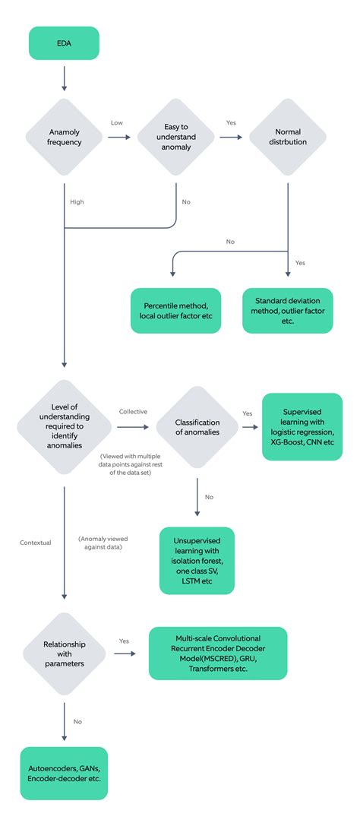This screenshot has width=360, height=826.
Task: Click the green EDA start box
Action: click(64, 43)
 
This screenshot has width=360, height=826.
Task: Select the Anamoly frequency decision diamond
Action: click(64, 138)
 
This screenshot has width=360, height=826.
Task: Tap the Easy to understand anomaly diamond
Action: click(176, 138)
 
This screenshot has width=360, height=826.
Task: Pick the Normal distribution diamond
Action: click(288, 138)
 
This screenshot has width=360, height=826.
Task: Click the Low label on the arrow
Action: click(117, 122)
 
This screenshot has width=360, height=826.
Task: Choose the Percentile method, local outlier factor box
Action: click(175, 310)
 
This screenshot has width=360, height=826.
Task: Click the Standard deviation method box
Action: click(288, 310)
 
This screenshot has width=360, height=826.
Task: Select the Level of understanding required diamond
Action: click(64, 426)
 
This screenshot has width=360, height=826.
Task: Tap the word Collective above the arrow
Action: click(133, 412)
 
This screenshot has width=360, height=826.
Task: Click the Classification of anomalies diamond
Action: click(197, 427)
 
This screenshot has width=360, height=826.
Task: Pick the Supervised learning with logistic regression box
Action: click(302, 426)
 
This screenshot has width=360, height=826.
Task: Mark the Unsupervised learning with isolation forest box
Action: click(197, 560)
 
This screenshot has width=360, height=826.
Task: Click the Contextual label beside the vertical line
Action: click(36, 543)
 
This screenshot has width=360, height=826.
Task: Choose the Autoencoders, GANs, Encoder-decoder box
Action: click(64, 773)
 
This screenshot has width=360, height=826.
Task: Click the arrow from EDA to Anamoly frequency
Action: click(64, 78)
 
